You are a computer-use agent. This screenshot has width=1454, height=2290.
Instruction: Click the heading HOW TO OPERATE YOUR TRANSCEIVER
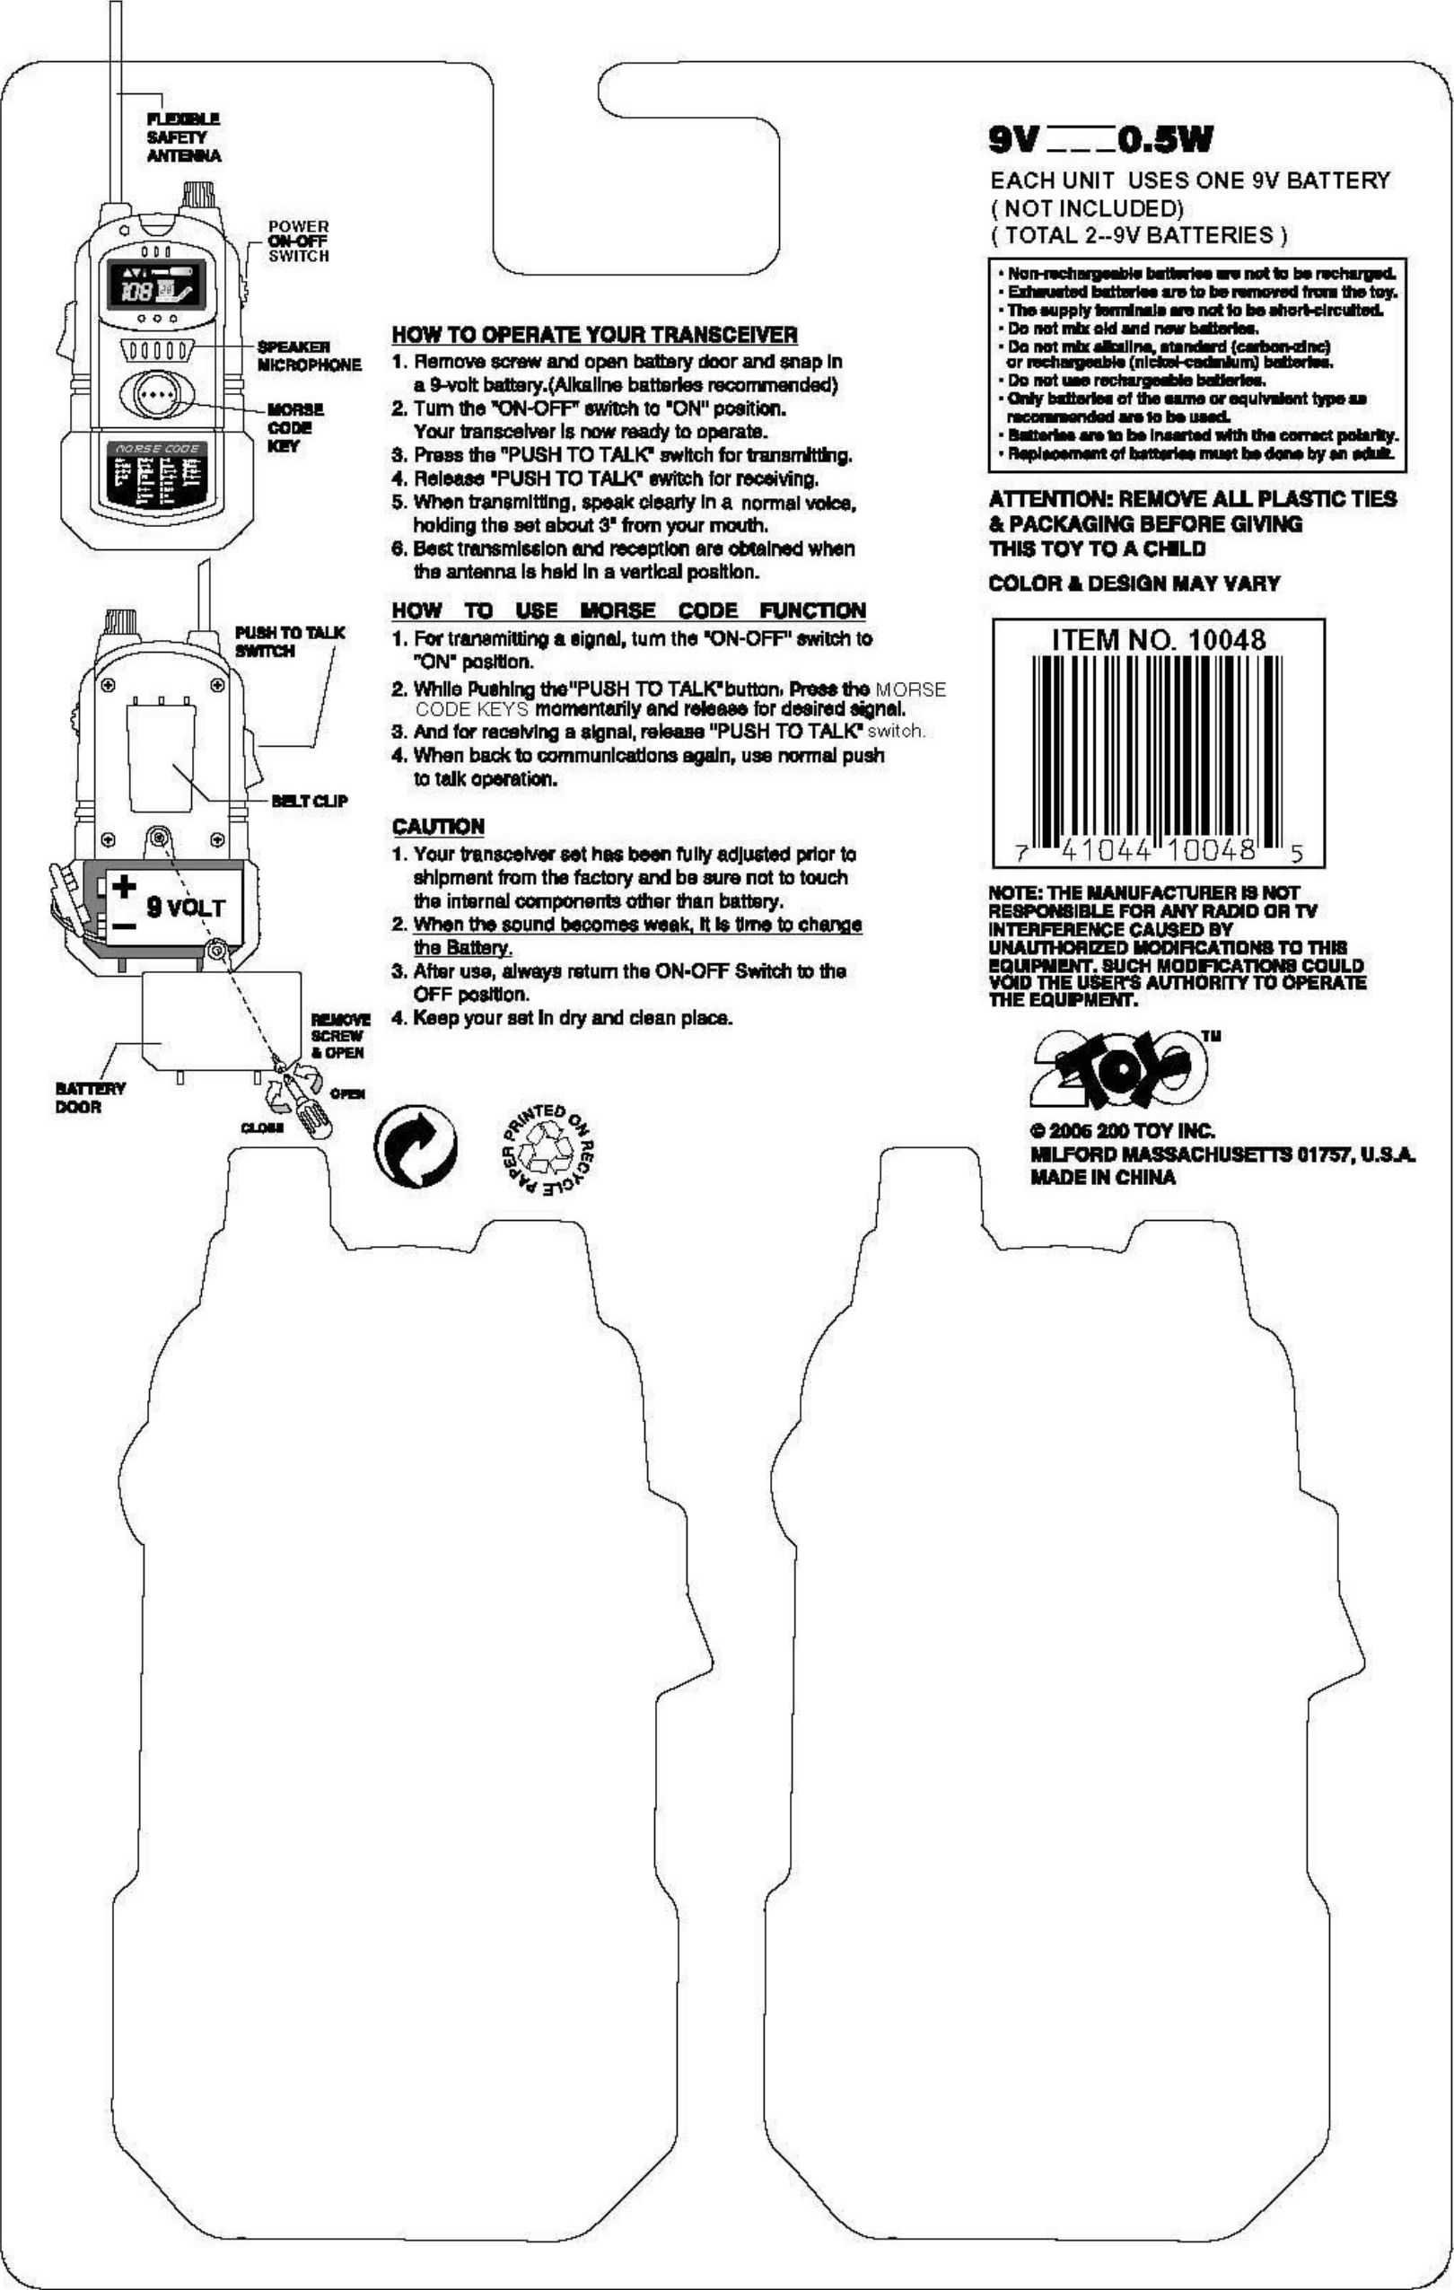(594, 335)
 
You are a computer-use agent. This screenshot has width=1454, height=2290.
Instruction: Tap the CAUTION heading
(438, 826)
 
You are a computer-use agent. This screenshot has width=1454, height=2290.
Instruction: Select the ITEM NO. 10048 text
(1158, 639)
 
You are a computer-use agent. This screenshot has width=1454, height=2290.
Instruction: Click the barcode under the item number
(1157, 747)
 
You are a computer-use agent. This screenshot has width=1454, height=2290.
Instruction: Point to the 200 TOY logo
(1119, 1071)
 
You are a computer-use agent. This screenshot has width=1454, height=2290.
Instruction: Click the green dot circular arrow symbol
(416, 1145)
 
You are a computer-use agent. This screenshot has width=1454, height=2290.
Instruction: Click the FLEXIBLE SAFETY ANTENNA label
(183, 137)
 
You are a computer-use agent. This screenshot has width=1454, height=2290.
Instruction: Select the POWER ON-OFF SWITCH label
(298, 241)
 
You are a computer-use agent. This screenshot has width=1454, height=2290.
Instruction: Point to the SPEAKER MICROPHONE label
(309, 355)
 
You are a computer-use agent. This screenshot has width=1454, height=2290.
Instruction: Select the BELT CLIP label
(309, 801)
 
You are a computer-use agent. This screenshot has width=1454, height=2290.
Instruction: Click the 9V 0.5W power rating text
(1100, 141)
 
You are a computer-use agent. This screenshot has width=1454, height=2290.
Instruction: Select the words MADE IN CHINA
(1102, 1178)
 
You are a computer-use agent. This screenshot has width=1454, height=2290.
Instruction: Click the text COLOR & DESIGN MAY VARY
(1134, 583)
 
